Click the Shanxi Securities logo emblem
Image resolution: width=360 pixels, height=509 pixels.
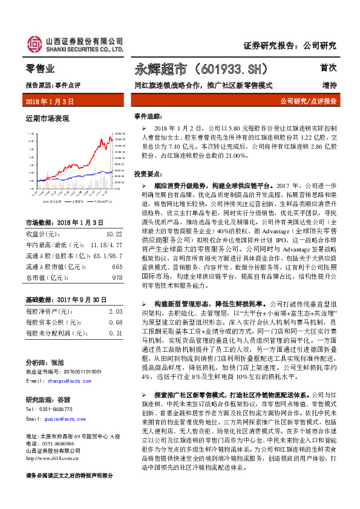[34, 44]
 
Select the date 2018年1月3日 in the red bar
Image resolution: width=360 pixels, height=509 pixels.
[50, 101]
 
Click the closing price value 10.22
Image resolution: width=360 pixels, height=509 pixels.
[114, 233]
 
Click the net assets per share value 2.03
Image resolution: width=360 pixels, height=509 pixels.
[115, 310]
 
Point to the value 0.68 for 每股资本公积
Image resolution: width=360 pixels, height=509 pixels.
[115, 322]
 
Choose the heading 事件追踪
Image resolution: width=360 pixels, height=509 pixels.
[148, 115]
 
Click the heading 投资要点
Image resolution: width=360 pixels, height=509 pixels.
[148, 173]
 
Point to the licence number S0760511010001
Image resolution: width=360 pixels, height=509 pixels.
[75, 371]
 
